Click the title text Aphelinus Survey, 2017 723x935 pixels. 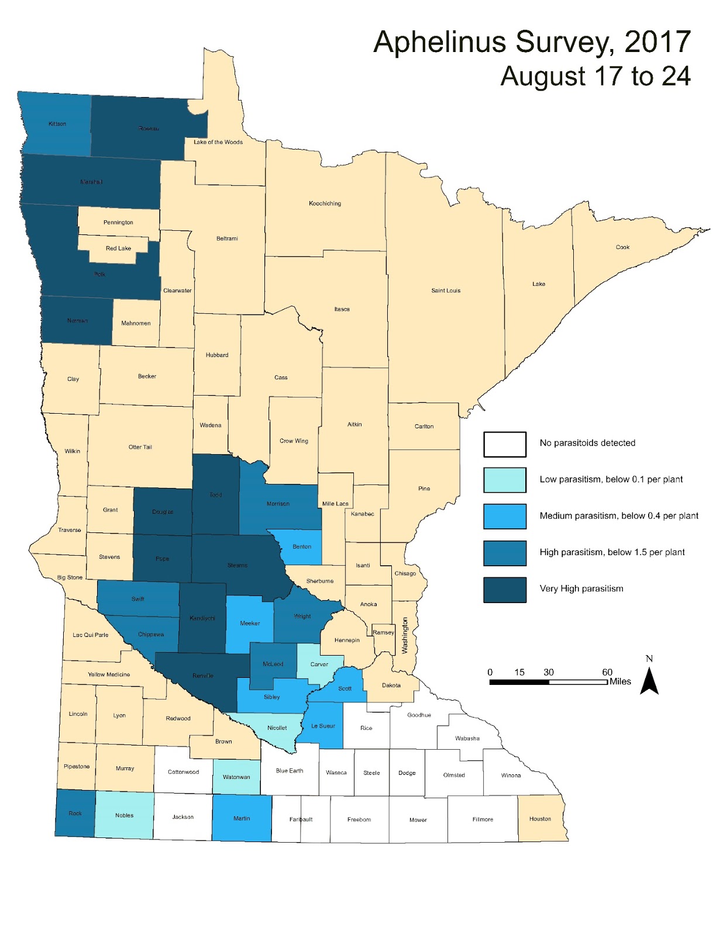[532, 43]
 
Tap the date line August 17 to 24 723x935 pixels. [595, 77]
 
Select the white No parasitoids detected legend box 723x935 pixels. [504, 444]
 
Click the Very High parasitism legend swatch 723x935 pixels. [504, 589]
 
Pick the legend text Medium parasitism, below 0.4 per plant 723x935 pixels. [619, 516]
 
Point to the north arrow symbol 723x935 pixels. [649, 679]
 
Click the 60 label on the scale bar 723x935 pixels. [607, 672]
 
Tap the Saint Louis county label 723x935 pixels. [446, 290]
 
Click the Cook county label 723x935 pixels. [622, 247]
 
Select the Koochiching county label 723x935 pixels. [325, 203]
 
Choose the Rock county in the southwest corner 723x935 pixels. [75, 813]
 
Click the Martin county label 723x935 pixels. [242, 818]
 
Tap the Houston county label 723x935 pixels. [540, 819]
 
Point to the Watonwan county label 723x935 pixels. [236, 777]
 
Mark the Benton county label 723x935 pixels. [302, 547]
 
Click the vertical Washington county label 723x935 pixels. [405, 636]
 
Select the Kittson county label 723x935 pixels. [57, 124]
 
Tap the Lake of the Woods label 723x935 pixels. [218, 142]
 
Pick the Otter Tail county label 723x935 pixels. [140, 447]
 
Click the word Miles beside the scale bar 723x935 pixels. [620, 681]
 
